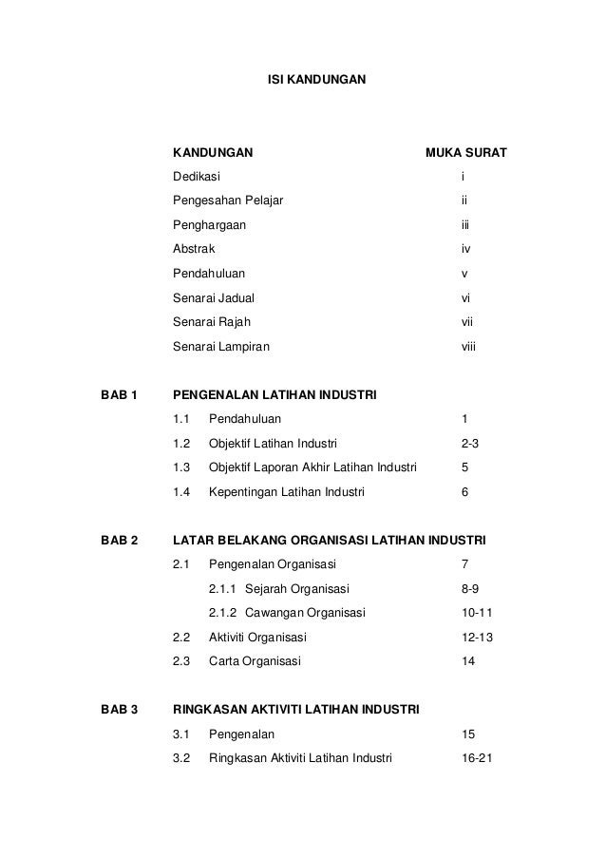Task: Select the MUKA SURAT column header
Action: tap(465, 152)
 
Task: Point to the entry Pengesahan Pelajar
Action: tap(227, 201)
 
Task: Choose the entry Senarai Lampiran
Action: tap(220, 347)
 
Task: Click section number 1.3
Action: tap(181, 467)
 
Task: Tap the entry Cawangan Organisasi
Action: tap(305, 613)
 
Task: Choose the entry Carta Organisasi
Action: tap(254, 661)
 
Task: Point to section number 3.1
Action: tap(181, 734)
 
